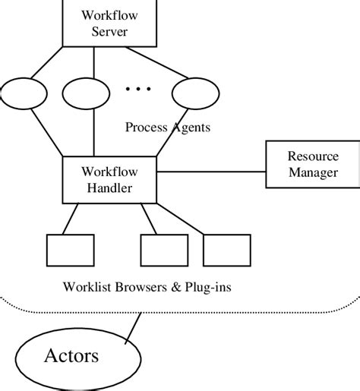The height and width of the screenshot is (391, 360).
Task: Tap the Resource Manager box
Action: [x=312, y=165]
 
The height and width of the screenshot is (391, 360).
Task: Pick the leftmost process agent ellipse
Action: [x=25, y=96]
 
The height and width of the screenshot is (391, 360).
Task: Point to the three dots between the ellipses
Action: [x=138, y=90]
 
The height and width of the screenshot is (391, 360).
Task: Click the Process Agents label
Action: [x=167, y=127]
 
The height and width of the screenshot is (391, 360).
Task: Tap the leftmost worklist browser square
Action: [x=71, y=249]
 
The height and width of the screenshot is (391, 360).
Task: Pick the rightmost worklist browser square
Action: [x=226, y=249]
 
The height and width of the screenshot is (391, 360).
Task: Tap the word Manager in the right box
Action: [x=312, y=173]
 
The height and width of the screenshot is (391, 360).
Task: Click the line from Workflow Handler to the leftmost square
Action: [x=71, y=219]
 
